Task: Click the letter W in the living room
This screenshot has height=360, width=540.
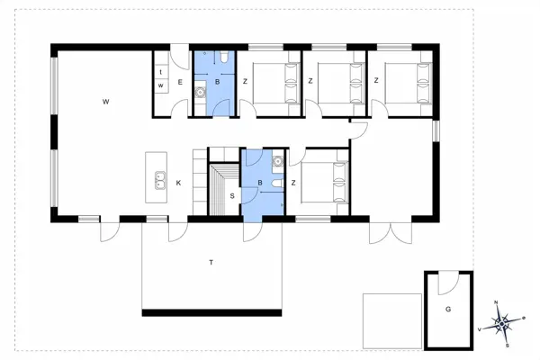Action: [105, 102]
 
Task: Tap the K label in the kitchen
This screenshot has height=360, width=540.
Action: [178, 184]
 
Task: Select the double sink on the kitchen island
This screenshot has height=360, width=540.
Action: [159, 182]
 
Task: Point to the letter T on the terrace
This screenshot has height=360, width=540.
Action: [211, 263]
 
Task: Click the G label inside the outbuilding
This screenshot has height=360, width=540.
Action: [447, 309]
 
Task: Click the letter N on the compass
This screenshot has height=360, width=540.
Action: [496, 302]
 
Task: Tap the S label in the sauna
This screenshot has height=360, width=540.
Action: [231, 195]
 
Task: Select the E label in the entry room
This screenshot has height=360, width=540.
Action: [179, 83]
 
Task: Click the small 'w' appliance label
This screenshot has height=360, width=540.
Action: [160, 85]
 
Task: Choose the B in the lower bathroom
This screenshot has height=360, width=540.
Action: [260, 184]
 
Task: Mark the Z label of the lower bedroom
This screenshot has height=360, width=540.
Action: [294, 184]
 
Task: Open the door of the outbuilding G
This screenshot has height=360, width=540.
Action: [443, 285]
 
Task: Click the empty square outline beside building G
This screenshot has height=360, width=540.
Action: [392, 320]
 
